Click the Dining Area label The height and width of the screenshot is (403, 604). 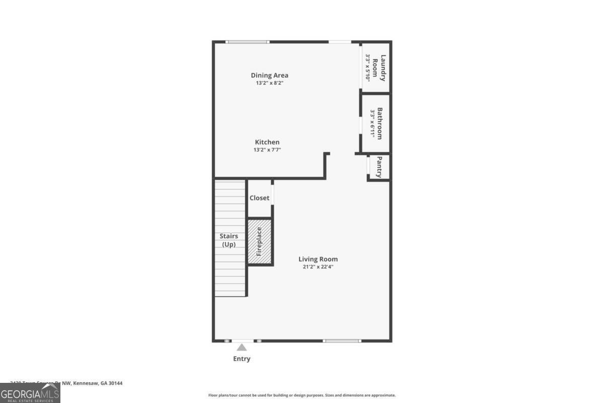click(269, 76)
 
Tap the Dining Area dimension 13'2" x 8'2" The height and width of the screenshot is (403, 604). click(269, 83)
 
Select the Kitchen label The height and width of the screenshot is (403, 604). click(267, 143)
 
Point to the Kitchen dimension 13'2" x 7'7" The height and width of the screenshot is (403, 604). click(267, 150)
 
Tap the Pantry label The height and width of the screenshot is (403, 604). click(380, 167)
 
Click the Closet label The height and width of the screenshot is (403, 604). click(259, 198)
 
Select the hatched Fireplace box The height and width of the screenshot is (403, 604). click(259, 241)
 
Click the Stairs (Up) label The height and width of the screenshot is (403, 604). click(229, 240)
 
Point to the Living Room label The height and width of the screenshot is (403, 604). click(318, 259)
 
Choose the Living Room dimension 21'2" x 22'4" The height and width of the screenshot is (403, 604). click(318, 267)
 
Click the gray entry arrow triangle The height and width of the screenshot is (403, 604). click(242, 347)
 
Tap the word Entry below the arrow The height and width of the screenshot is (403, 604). click(242, 359)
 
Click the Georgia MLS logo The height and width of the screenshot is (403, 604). click(30, 393)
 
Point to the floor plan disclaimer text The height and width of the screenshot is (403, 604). click(302, 395)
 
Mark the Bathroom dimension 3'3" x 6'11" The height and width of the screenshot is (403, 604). click(372, 123)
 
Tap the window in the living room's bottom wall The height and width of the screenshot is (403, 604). click(342, 341)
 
